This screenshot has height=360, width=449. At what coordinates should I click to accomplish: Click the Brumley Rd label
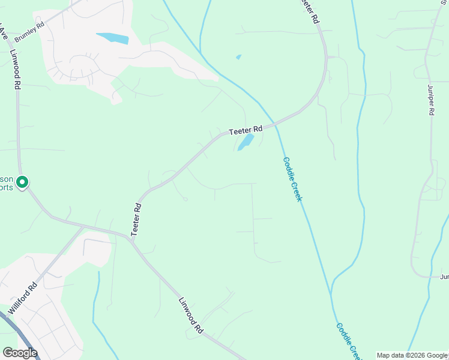click(x=29, y=33)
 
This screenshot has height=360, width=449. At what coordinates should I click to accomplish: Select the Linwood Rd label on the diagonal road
click(x=191, y=315)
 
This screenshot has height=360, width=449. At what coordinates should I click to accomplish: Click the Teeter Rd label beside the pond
click(x=246, y=130)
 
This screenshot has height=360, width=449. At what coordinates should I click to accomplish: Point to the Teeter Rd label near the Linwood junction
click(x=136, y=218)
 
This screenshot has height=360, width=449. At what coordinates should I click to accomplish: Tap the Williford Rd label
click(x=23, y=298)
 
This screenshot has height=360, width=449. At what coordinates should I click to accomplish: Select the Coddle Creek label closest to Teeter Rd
click(x=291, y=179)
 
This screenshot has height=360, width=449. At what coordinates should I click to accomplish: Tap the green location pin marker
click(x=22, y=181)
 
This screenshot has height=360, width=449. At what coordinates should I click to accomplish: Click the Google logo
click(x=19, y=353)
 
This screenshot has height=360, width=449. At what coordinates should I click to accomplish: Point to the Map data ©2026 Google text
click(x=412, y=355)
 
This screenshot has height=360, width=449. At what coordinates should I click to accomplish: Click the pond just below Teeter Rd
click(x=245, y=143)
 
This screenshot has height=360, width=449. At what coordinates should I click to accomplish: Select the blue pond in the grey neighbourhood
click(x=113, y=38)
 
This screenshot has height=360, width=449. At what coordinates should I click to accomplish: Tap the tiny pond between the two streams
click(x=239, y=57)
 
